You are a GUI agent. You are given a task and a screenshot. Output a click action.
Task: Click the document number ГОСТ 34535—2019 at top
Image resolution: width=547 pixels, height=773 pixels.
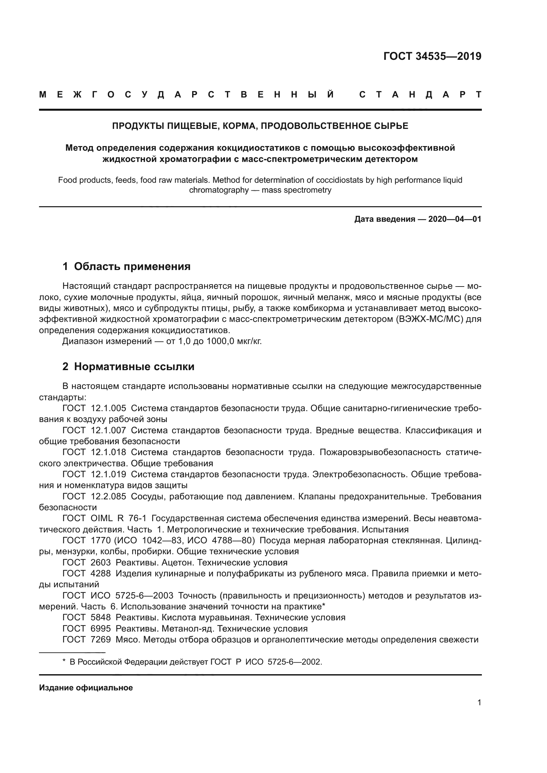pos(432,56)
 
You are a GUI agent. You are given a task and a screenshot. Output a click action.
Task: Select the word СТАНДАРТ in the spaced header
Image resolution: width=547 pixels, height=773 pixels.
pos(420,95)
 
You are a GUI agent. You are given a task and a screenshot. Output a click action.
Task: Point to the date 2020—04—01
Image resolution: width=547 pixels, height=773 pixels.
pos(455,219)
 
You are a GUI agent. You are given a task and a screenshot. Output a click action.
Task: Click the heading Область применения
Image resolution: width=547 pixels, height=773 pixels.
pos(132,266)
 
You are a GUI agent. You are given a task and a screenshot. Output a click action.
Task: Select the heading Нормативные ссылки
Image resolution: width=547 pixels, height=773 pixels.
pos(134,366)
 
